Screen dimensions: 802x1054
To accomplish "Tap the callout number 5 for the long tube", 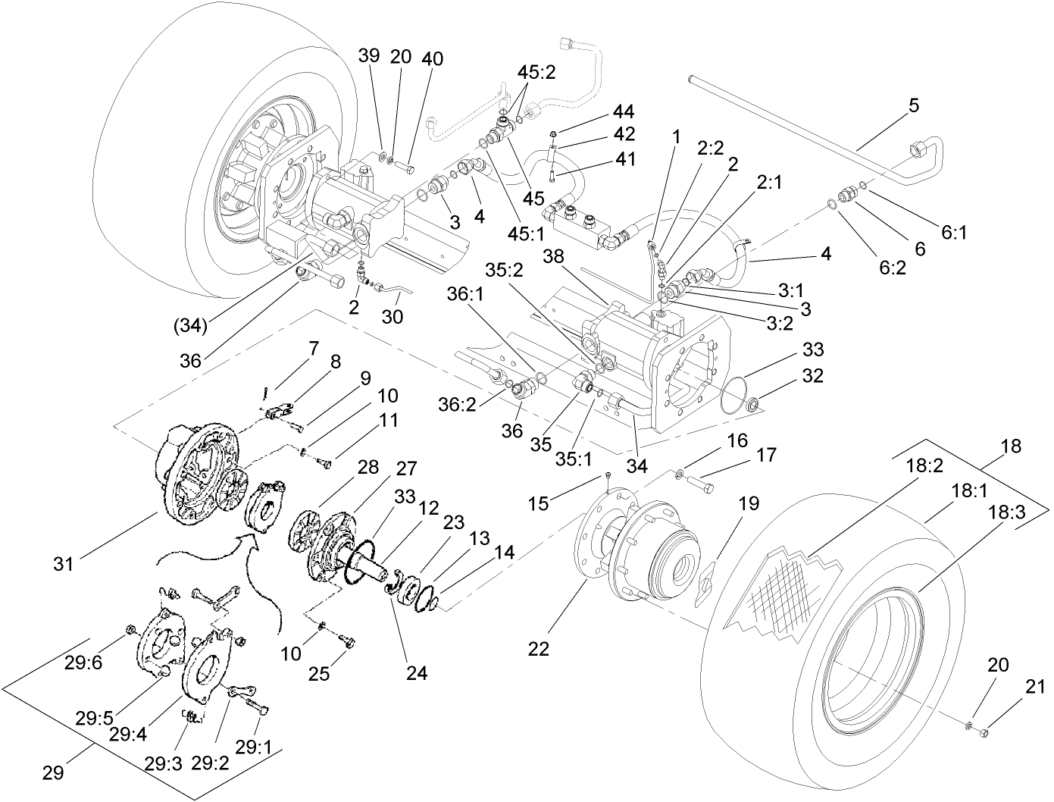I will pos(914,105).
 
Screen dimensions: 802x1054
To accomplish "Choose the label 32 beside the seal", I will pos(813,375).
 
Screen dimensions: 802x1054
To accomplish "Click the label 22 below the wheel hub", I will pos(539,649).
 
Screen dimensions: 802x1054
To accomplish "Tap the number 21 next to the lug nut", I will pos(1035,688).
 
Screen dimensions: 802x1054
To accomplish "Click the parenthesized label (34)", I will pos(189,326).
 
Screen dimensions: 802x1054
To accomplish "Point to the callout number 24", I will pos(417,672).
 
